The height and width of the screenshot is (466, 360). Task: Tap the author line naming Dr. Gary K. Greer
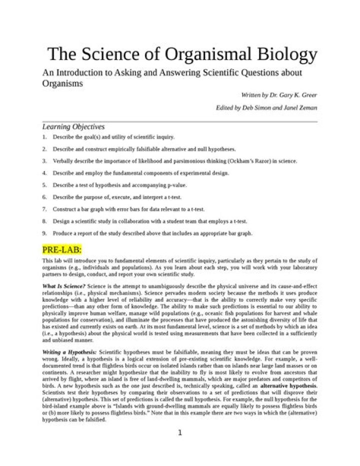click(279, 95)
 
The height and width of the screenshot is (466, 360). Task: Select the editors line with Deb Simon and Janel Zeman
click(266, 108)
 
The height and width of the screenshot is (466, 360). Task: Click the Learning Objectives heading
click(73, 127)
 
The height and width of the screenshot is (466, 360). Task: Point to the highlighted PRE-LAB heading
click(61, 249)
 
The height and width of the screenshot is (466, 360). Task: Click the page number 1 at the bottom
click(180, 432)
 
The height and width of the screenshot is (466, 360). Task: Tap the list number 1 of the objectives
click(44, 137)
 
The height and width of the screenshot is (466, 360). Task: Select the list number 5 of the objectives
click(44, 185)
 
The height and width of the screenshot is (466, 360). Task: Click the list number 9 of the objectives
click(44, 233)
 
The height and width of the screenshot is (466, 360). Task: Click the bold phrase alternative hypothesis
click(287, 387)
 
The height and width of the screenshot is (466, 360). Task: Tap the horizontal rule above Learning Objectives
click(180, 121)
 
